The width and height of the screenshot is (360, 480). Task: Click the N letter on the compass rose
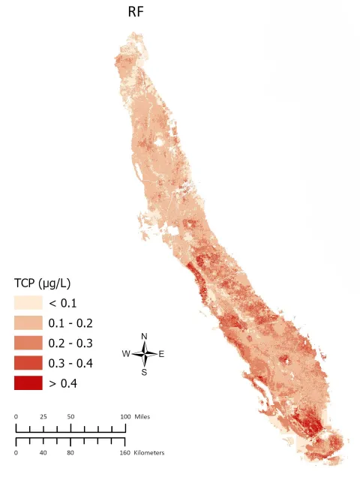pyautogui.click(x=144, y=336)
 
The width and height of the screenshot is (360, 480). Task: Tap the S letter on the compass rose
pyautogui.click(x=144, y=372)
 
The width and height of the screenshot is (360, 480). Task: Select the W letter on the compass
pyautogui.click(x=127, y=354)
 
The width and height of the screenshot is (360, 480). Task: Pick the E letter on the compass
pyautogui.click(x=161, y=354)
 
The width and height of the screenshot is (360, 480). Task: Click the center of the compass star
pyautogui.click(x=144, y=354)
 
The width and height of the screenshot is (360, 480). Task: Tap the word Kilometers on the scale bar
pyautogui.click(x=149, y=454)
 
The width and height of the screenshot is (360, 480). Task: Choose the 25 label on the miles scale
pyautogui.click(x=43, y=416)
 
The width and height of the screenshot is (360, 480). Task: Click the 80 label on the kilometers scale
pyautogui.click(x=71, y=454)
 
